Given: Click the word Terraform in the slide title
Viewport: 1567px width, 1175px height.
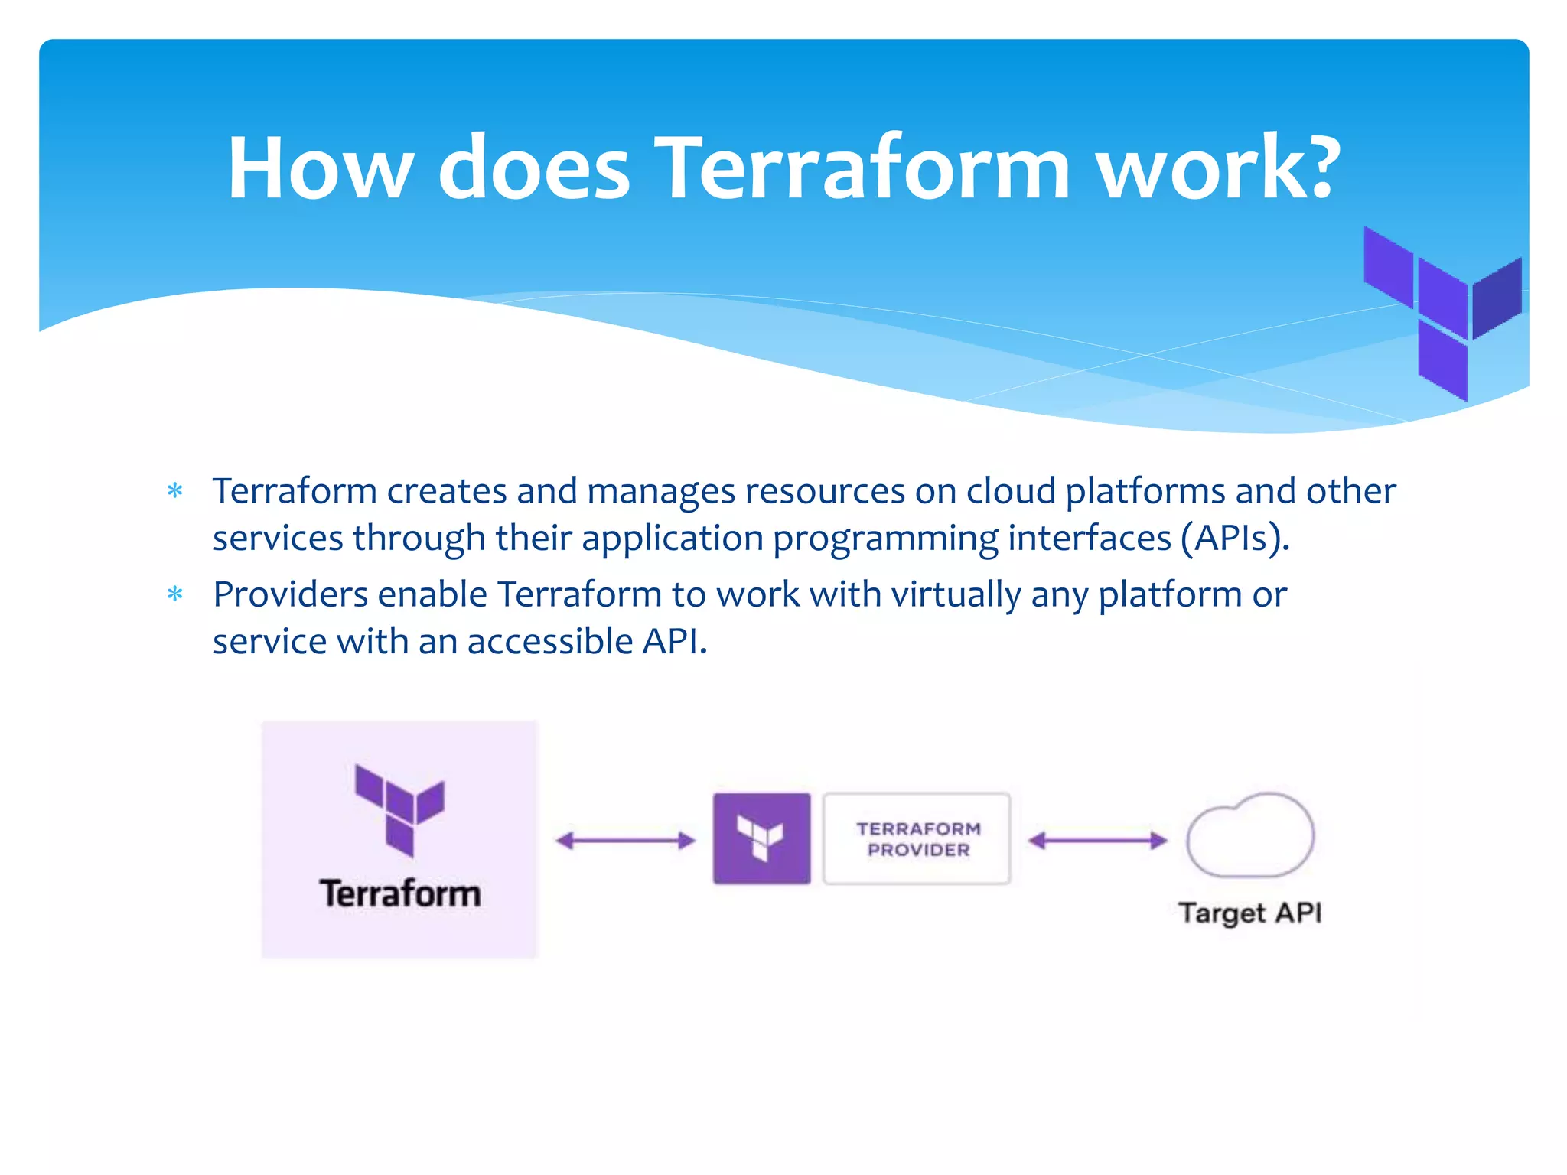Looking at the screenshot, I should (863, 168).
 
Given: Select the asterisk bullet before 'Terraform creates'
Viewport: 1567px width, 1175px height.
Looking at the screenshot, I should (175, 491).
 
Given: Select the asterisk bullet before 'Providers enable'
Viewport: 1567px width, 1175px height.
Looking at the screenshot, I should (175, 594).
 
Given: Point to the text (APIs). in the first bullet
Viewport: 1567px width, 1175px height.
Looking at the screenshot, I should (1235, 538).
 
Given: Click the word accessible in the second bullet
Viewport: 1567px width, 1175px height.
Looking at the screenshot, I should (549, 641).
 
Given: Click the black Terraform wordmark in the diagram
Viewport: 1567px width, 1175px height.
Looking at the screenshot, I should (400, 893).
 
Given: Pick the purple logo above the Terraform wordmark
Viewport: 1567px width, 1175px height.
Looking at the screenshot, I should (399, 810).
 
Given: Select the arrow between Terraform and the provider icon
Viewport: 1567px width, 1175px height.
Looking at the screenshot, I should (625, 841).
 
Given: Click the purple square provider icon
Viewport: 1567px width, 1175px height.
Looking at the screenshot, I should (761, 838).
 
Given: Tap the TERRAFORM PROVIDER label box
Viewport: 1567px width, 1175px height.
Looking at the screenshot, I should (917, 839).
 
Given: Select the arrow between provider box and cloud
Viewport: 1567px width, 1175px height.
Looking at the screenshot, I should (1097, 841).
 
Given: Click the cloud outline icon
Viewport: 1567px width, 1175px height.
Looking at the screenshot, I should (1250, 835).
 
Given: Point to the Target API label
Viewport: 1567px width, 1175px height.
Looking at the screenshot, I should (1249, 913).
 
